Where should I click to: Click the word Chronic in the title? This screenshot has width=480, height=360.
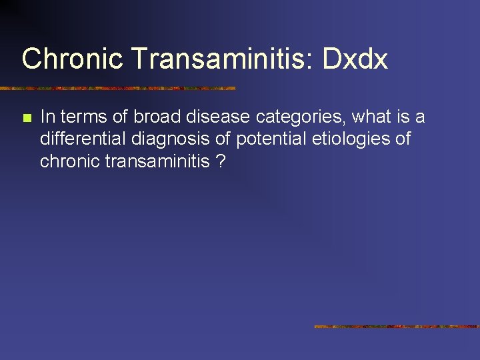pyautogui.click(x=73, y=59)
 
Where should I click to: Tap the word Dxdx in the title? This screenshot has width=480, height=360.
pyautogui.click(x=355, y=59)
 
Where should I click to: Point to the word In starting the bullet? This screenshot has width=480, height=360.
pyautogui.click(x=46, y=117)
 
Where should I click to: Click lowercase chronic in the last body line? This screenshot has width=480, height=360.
pyautogui.click(x=69, y=161)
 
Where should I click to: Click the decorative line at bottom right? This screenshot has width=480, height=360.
pyautogui.click(x=397, y=327)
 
